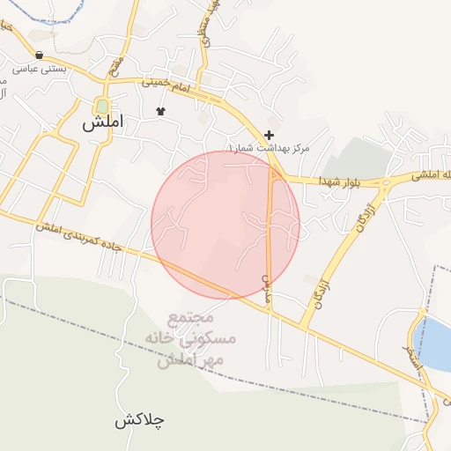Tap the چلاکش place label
[140, 420]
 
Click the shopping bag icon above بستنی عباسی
[40, 55]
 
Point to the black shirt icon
[160, 111]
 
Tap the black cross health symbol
[269, 134]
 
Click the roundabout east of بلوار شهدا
[385, 183]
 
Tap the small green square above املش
[102, 106]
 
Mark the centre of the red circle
[225, 225]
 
